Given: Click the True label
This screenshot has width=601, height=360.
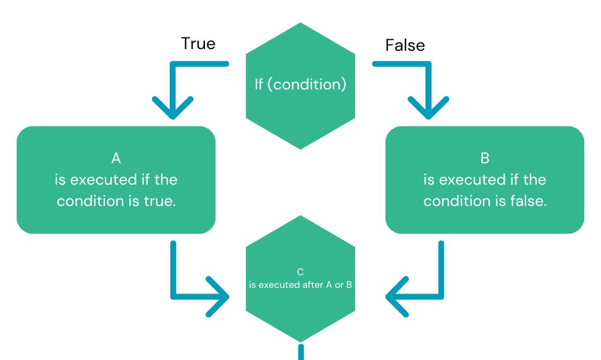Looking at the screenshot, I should coord(198,44).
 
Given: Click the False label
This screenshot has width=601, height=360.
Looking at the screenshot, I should coord(405,46).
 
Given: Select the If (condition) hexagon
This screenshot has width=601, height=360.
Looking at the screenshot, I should coord(300,110).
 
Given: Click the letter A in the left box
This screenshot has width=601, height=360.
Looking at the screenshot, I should coord(115,157).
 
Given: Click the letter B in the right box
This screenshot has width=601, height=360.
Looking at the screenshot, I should coord(484,157).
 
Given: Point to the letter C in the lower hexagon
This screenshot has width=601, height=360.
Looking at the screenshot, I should coord(300,271).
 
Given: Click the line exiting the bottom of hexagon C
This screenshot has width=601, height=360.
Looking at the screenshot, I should coord(301,352).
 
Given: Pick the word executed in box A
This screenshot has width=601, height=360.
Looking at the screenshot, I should coord(104,179).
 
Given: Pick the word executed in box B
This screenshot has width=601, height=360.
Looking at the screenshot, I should coord(473,179).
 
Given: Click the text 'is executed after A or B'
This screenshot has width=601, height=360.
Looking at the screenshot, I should coord(300,285).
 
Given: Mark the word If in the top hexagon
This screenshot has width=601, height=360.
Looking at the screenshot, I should coord(259,84).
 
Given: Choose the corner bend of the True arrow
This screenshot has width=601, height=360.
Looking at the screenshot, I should coord(173,64).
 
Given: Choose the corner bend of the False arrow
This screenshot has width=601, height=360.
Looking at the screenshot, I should coord(428,64).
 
